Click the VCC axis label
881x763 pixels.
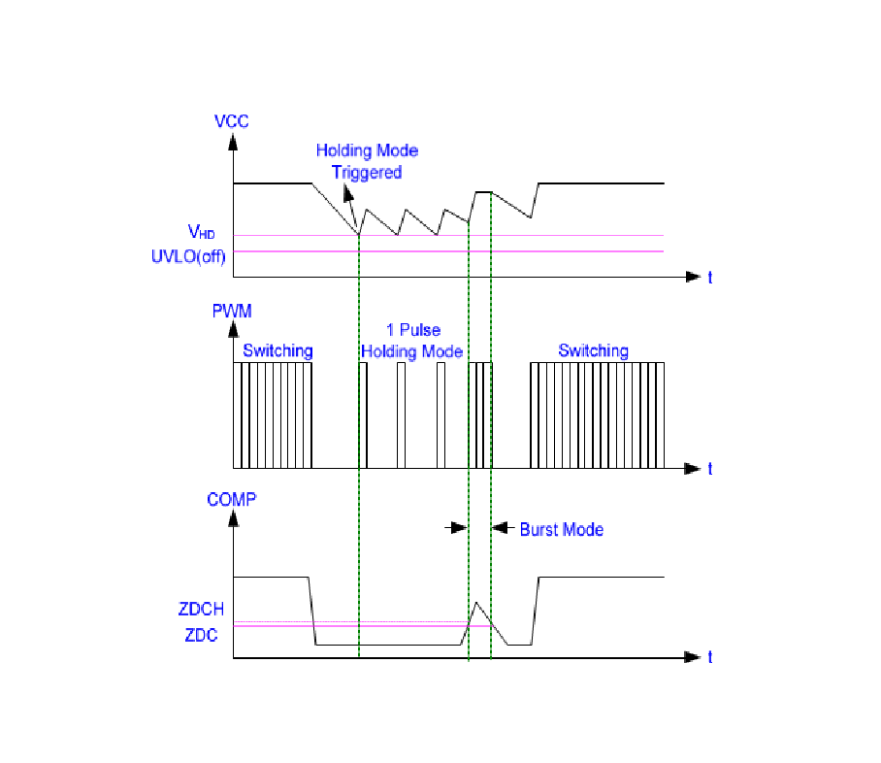click(x=232, y=121)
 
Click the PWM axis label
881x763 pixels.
click(x=232, y=311)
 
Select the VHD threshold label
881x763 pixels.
click(x=201, y=231)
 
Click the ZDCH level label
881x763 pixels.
click(x=201, y=610)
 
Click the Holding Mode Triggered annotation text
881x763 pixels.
click(x=367, y=161)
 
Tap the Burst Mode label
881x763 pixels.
click(x=561, y=529)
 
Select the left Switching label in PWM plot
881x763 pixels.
click(x=277, y=350)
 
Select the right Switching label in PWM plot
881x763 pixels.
click(x=593, y=350)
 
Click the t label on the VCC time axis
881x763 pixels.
click(x=710, y=277)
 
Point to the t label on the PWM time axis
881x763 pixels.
click(x=710, y=468)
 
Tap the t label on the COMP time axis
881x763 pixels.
click(x=710, y=657)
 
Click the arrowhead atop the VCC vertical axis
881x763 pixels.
click(x=233, y=142)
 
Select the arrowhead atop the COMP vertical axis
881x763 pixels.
click(x=233, y=520)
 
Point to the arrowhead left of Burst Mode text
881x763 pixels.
click(x=497, y=528)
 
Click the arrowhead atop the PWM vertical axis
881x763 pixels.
click(x=233, y=331)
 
